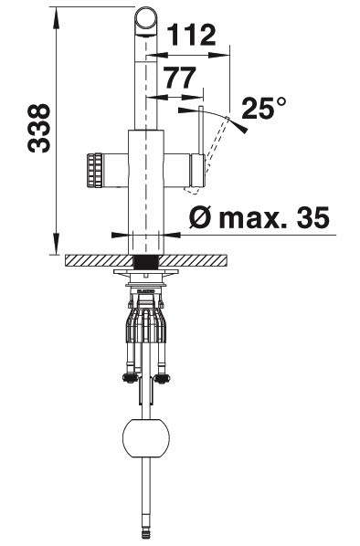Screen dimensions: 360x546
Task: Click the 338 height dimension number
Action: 38,128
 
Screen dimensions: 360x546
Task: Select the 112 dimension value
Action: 192,36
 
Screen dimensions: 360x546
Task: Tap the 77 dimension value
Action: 180,78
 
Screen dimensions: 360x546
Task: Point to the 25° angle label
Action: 264,109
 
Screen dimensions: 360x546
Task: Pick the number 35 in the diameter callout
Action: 312,217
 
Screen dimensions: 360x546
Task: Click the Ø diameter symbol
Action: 201,218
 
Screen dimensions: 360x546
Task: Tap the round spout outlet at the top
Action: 145,20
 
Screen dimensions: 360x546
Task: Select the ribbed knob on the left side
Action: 94,171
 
